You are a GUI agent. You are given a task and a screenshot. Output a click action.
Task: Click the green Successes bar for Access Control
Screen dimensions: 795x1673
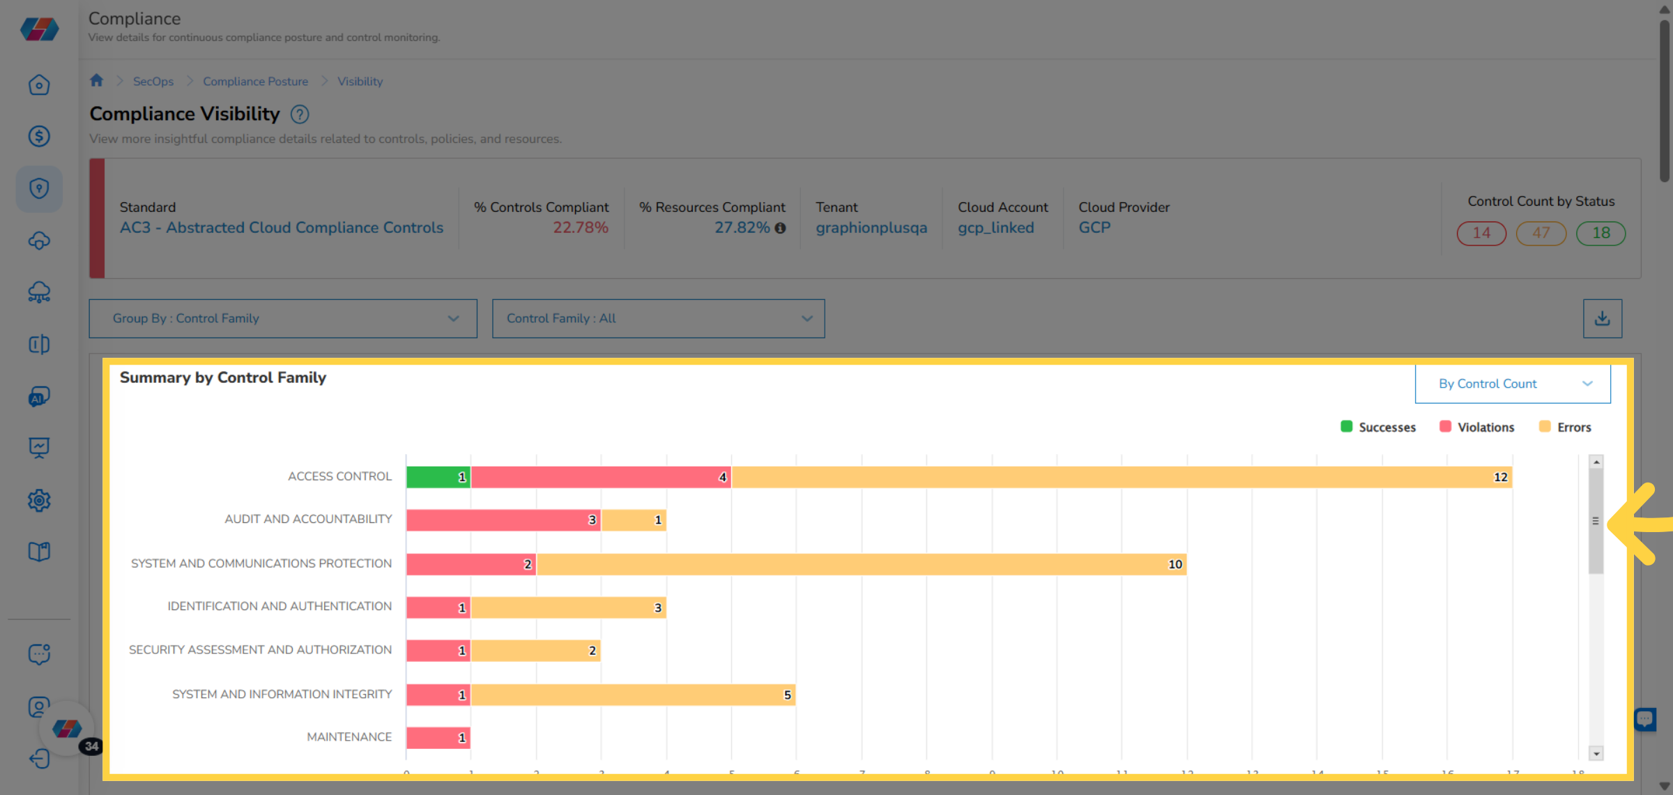coord(438,477)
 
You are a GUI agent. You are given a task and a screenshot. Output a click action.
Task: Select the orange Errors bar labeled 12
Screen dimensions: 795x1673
coord(1121,477)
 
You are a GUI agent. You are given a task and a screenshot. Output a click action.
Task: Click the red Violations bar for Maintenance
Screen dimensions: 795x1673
coord(438,737)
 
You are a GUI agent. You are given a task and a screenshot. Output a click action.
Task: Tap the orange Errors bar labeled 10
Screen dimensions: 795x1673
coord(861,564)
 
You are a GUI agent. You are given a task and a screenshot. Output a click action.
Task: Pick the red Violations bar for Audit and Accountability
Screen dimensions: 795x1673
coord(503,520)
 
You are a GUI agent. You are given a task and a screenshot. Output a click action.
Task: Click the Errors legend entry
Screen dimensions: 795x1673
coord(1566,427)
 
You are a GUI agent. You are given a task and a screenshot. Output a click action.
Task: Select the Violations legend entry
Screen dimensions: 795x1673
coord(1477,427)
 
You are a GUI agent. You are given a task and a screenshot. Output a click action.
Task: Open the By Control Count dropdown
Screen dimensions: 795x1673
coord(1513,384)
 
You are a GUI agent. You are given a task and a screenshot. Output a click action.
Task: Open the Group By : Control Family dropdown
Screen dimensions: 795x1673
coord(283,319)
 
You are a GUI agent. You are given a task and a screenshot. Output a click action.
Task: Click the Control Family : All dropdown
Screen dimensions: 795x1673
coord(658,319)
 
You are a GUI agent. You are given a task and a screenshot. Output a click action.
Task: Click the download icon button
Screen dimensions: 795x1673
coord(1602,319)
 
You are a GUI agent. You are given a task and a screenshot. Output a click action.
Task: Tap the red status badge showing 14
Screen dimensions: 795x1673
coord(1481,233)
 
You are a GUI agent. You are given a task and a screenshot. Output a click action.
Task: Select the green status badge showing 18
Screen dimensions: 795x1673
coord(1601,233)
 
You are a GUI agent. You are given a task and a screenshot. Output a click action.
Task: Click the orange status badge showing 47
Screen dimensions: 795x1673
coord(1541,233)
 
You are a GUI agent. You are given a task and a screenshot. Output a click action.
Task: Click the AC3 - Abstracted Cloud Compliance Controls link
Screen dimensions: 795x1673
coord(281,228)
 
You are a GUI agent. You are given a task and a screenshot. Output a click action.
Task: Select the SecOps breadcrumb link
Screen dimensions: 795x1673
coord(153,82)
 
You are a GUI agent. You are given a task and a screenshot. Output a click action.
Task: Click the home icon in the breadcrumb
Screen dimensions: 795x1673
coord(97,80)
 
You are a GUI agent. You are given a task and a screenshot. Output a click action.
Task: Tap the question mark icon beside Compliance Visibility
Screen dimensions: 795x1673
coord(300,114)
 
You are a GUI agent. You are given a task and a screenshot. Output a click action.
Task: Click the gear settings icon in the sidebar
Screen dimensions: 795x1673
coord(39,500)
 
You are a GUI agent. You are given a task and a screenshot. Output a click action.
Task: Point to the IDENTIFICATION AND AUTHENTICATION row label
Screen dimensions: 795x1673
coord(279,606)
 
